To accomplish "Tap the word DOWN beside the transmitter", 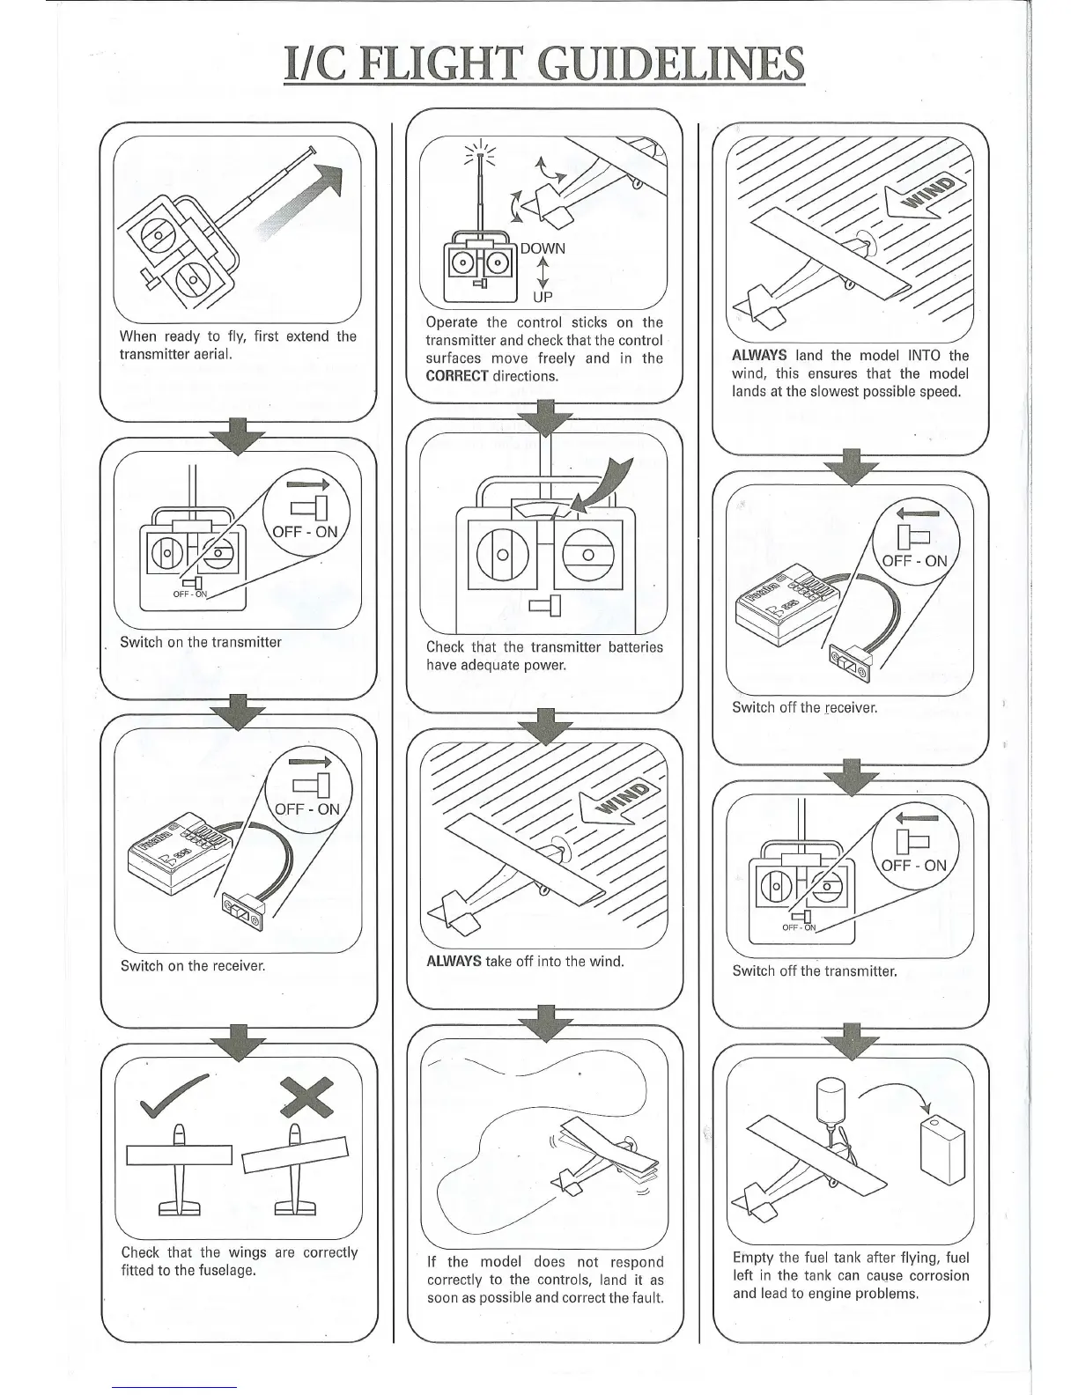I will point(543,249).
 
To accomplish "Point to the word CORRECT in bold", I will point(456,376).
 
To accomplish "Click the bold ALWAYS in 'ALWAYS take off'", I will point(454,961).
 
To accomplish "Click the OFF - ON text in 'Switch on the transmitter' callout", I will point(305,532).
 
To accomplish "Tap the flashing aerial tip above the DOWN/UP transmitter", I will point(480,155).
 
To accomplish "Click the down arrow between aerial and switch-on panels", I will point(237,436).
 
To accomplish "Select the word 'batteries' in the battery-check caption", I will point(633,647).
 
